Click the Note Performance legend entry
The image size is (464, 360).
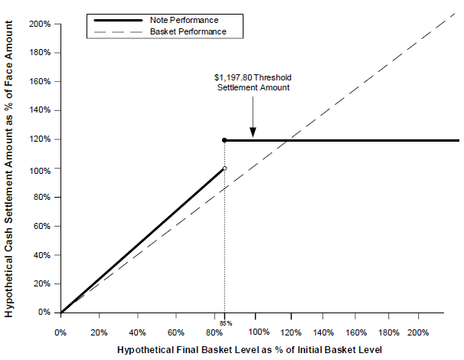point(156,20)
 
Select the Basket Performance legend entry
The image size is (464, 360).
point(160,31)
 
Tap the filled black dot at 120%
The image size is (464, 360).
point(224,140)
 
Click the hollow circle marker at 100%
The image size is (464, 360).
point(224,169)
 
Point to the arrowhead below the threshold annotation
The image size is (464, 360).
point(253,133)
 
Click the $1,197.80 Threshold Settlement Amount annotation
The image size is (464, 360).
point(253,83)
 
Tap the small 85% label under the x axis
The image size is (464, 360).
point(226,323)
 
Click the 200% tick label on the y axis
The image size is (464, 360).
point(40,24)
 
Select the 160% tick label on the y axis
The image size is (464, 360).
point(40,81)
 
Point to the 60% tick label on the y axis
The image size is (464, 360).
point(41,226)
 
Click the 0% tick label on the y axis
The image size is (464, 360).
point(44,312)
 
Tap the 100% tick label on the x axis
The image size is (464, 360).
point(259,332)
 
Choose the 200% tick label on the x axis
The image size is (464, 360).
point(418,332)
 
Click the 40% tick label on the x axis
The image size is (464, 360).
point(137,332)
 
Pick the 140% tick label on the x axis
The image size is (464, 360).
point(323,332)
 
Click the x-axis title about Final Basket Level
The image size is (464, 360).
point(250,350)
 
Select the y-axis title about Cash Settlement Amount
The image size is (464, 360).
point(9,169)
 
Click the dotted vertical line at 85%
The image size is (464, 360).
point(224,227)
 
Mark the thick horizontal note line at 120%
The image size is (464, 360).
point(341,140)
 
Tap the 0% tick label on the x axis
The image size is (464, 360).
point(60,332)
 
